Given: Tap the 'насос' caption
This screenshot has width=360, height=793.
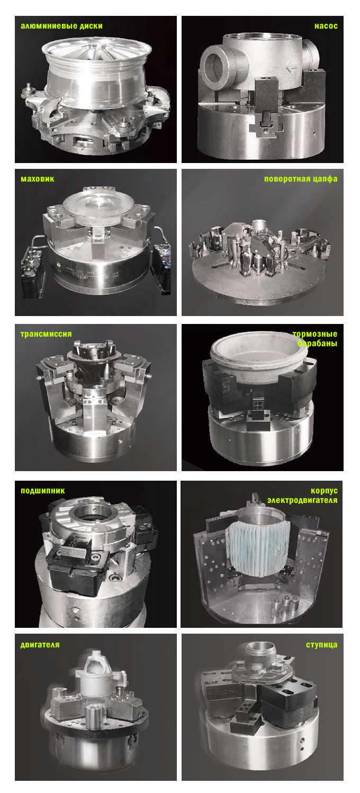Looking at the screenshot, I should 326,25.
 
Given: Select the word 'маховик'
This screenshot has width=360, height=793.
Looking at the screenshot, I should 37,179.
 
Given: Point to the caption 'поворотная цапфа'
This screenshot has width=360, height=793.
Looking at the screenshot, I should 300,179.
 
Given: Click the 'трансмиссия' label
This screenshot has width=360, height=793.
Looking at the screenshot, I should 46,334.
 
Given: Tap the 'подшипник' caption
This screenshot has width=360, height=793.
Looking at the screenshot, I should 42,490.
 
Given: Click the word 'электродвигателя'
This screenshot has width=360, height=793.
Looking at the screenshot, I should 302,500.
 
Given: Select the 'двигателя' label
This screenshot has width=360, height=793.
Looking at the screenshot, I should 40,644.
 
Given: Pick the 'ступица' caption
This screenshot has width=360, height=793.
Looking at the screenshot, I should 321,644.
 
